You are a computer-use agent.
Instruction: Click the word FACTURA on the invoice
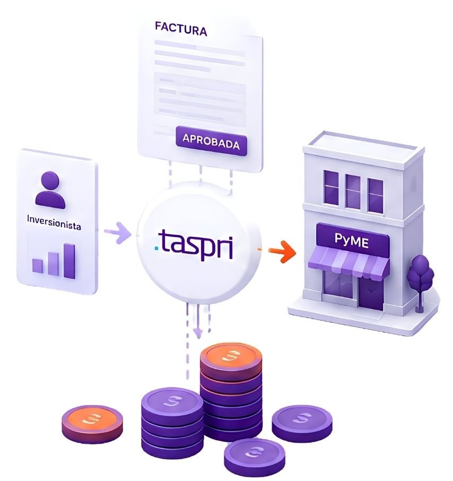click(181, 29)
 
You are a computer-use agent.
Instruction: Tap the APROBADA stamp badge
click(212, 141)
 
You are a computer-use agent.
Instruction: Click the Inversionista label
click(54, 222)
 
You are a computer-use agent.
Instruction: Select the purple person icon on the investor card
click(50, 190)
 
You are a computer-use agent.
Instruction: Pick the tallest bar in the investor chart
click(69, 261)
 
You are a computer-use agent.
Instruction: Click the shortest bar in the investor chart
click(38, 265)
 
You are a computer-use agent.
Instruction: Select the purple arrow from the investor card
click(117, 233)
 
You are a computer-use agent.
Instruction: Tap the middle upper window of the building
click(353, 192)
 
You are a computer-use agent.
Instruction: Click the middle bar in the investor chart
click(53, 263)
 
